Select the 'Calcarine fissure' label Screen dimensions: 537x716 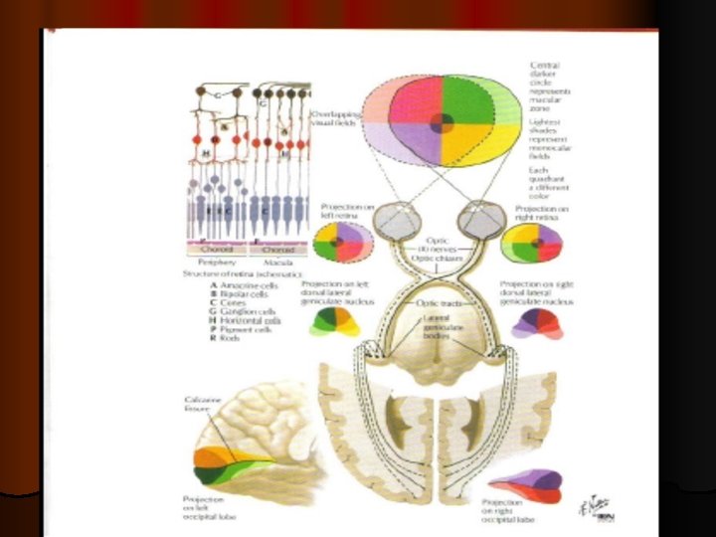[x=202, y=405]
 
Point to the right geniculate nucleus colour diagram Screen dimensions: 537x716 [x=536, y=320]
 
